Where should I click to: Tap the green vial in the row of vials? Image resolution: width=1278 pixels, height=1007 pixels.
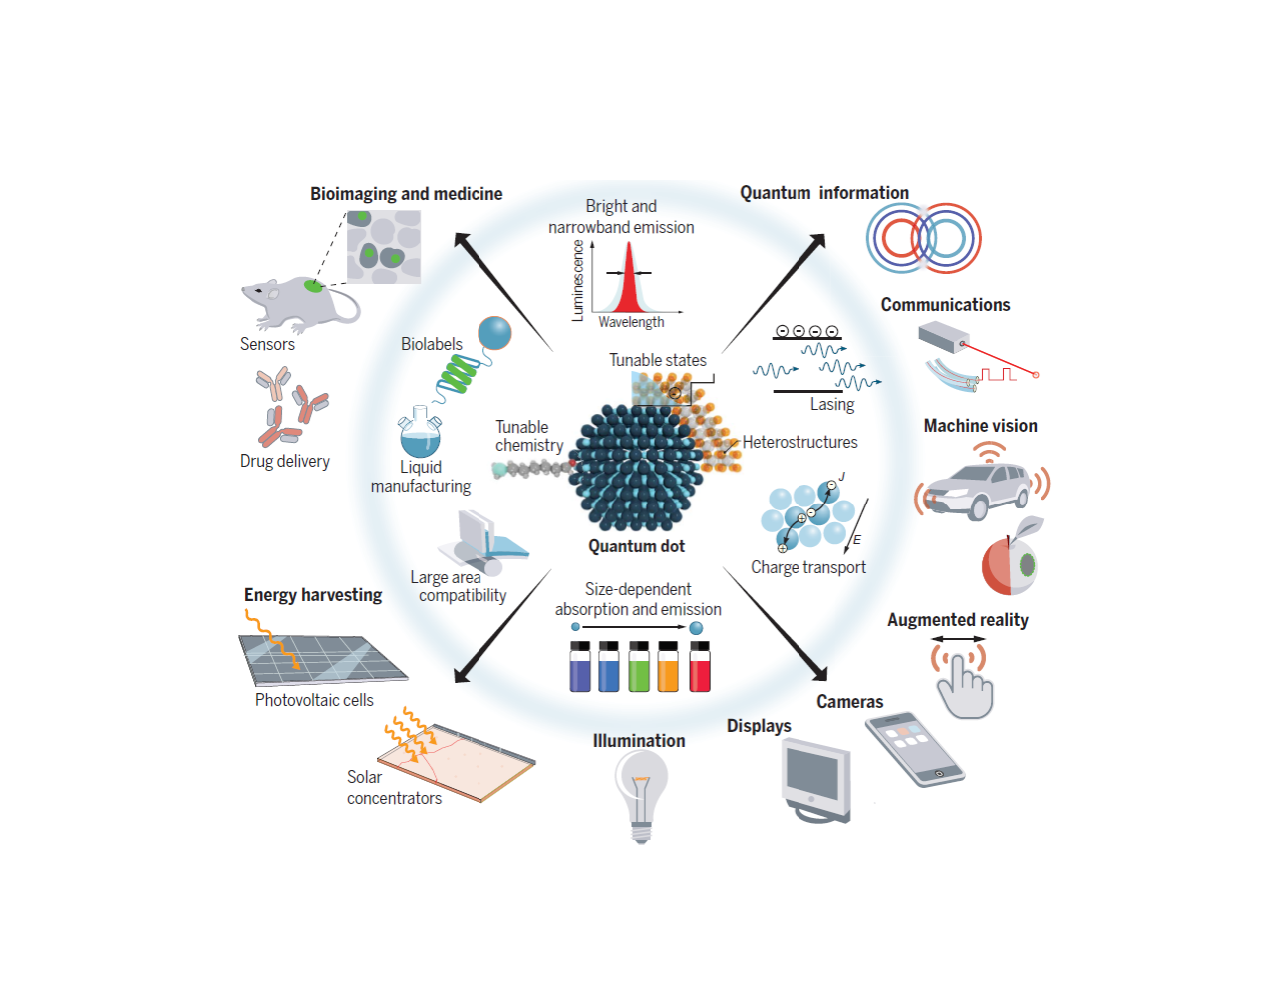[639, 666]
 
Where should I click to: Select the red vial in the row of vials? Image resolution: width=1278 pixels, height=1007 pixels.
[700, 666]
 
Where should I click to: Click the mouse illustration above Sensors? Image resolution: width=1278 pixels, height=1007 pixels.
[299, 303]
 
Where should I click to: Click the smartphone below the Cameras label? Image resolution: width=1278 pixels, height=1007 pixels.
[914, 749]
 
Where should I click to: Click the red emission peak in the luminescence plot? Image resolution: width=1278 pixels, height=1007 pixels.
[628, 284]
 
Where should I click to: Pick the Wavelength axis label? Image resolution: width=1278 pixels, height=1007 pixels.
[631, 322]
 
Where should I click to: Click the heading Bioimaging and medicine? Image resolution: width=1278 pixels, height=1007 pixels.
[406, 194]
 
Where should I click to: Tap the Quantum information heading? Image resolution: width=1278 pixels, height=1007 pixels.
[823, 193]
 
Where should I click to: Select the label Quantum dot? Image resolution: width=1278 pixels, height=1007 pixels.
[636, 546]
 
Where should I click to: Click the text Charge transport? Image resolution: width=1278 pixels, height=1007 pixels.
[807, 567]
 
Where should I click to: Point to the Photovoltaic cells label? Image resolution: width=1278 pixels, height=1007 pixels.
[314, 700]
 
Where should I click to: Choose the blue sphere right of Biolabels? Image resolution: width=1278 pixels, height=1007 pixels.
[494, 333]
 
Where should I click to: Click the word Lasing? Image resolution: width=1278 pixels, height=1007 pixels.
[832, 404]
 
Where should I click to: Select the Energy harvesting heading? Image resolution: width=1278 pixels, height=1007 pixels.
[313, 595]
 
